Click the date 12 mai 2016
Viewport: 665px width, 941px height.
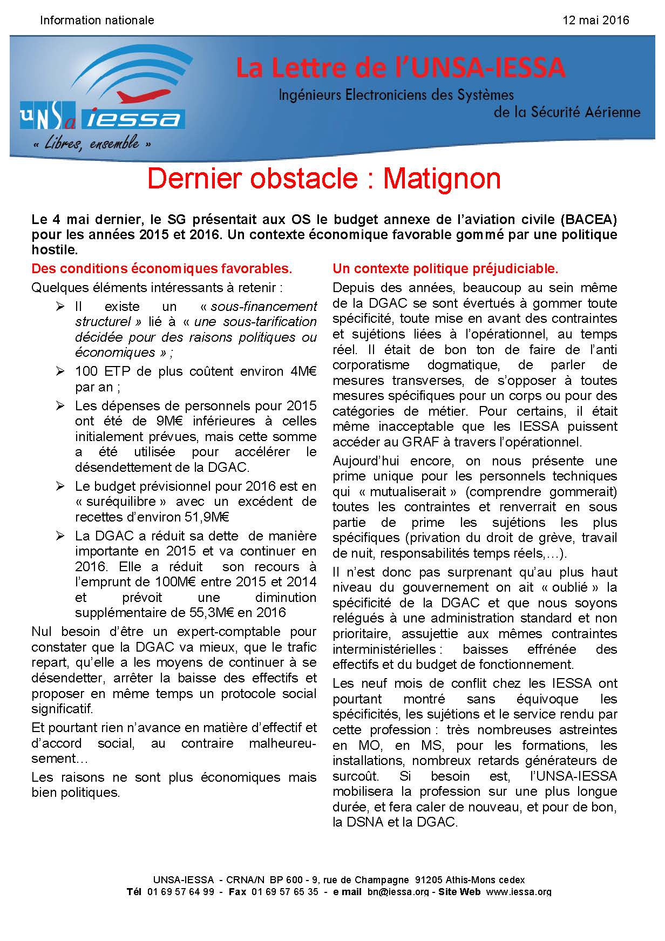[x=595, y=21]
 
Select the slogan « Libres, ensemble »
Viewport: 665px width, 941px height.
[x=91, y=144]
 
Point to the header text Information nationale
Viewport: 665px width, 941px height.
[x=97, y=21]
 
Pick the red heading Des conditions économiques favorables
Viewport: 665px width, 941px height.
[x=162, y=268]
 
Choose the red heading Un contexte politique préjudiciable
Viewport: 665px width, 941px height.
[x=445, y=268]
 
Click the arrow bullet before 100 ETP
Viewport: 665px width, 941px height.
[x=60, y=371]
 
